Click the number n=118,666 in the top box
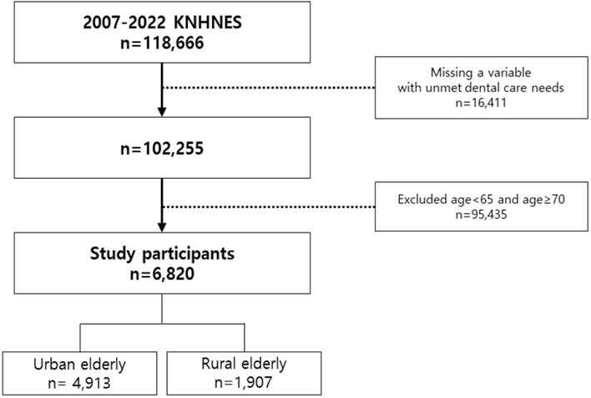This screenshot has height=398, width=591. (162, 43)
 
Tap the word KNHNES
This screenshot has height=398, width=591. (208, 23)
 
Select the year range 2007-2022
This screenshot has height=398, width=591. (124, 23)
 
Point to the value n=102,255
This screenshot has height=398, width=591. (162, 148)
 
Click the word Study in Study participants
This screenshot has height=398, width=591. (112, 253)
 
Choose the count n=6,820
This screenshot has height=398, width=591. (162, 273)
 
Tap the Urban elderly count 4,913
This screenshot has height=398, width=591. (91, 383)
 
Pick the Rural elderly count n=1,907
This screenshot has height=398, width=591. (243, 382)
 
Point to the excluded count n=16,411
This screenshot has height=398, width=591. (481, 103)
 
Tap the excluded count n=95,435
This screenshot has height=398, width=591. (481, 215)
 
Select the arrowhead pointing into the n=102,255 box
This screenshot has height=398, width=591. (162, 112)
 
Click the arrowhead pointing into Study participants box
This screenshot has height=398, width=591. (162, 227)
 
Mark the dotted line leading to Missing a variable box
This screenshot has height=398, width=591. (269, 88)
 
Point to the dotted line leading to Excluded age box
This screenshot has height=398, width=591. (269, 207)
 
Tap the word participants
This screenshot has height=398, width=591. (188, 253)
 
